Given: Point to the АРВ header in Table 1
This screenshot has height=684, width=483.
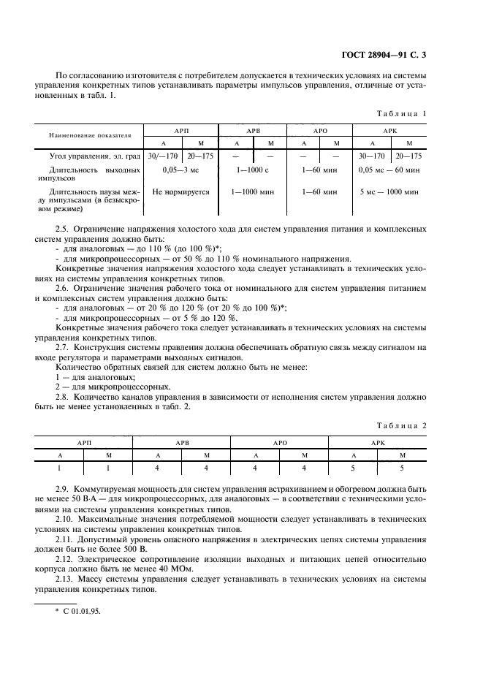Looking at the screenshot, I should pyautogui.click(x=253, y=130).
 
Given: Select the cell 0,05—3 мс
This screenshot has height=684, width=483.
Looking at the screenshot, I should pyautogui.click(x=180, y=170).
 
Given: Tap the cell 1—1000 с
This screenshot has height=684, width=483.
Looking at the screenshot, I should pyautogui.click(x=253, y=170).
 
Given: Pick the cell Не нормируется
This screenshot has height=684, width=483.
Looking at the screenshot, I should pyautogui.click(x=180, y=192).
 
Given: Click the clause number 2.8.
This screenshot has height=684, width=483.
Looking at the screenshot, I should pyautogui.click(x=64, y=397).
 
